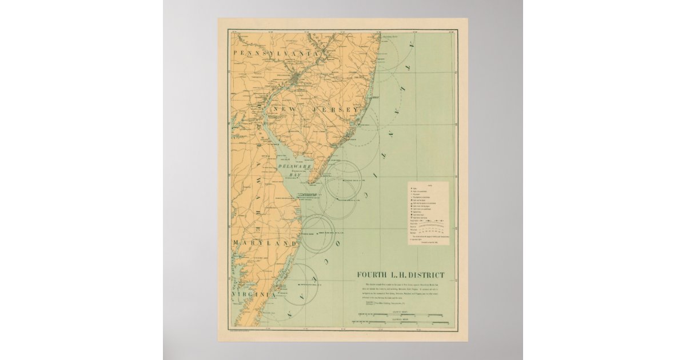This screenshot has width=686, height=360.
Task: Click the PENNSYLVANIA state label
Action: pyautogui.click(x=275, y=53)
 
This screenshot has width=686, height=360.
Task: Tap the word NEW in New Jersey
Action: pyautogui.click(x=284, y=109)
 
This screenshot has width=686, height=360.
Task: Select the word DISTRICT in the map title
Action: pyautogui.click(x=427, y=275)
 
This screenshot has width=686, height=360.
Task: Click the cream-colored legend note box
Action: pyautogui.click(x=428, y=213)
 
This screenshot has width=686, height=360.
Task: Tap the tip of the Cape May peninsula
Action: pyautogui.click(x=310, y=183)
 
